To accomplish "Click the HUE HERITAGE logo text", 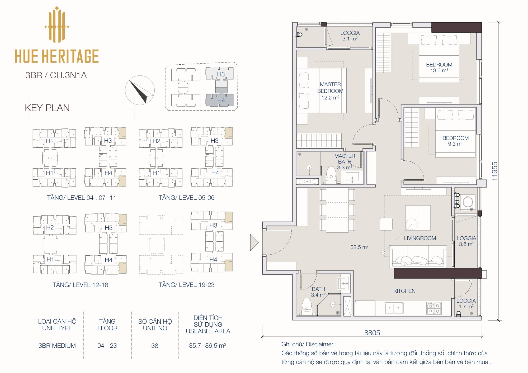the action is click(57, 56).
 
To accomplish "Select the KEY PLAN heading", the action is click(47, 108).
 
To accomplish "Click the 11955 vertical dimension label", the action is click(494, 171).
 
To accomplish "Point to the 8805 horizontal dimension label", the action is click(372, 333).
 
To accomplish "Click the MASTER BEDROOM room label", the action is click(330, 88).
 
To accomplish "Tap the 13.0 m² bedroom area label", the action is click(439, 70).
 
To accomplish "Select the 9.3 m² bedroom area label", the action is click(455, 144).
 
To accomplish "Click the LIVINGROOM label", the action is click(420, 238).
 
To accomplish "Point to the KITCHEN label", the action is click(404, 291).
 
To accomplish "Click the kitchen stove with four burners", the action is click(434, 308).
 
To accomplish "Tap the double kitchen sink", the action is click(394, 308).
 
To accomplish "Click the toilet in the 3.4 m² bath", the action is click(307, 307).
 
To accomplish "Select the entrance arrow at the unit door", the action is click(254, 242).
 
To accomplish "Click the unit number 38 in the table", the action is click(155, 346).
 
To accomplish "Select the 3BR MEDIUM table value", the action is click(57, 346).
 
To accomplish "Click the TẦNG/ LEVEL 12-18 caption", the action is click(80, 285).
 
